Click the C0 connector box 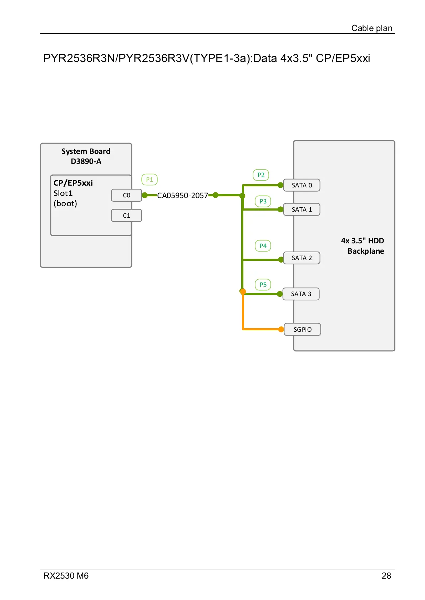[126, 195]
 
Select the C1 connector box [126, 216]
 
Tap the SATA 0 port [302, 185]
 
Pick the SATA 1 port [302, 210]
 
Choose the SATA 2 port [302, 258]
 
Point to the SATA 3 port [301, 294]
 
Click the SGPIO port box [302, 330]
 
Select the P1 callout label [150, 180]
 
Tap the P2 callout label [261, 175]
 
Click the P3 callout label [263, 201]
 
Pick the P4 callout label [263, 246]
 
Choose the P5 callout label [263, 285]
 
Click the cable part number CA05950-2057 [182, 196]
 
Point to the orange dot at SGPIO [281, 329]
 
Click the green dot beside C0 [145, 195]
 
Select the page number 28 [386, 576]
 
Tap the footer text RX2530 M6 [66, 576]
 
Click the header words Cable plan [371, 28]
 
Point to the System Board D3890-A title [86, 156]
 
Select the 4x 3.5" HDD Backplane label [363, 246]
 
